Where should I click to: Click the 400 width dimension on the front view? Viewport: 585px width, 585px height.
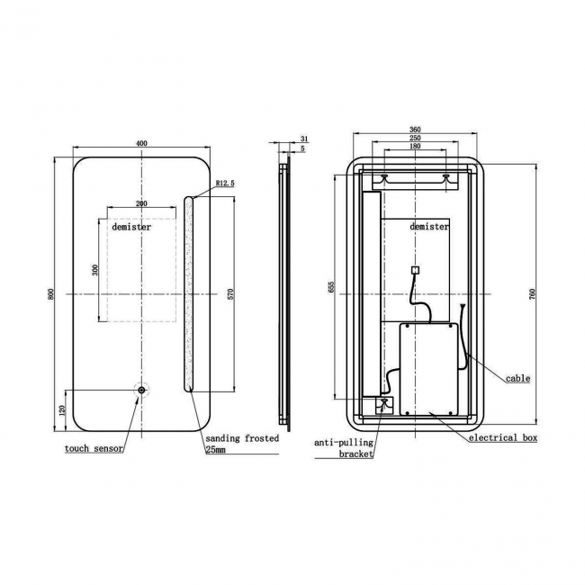tap(141, 144)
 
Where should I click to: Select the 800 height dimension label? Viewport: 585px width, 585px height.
tap(51, 294)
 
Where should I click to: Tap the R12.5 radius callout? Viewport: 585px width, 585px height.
tap(224, 184)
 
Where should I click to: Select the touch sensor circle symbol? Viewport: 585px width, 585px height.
tap(141, 391)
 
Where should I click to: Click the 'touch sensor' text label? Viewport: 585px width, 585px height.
tap(94, 448)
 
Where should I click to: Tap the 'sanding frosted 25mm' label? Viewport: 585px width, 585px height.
tap(241, 443)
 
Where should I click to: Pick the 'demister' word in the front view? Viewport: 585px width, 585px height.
tap(131, 228)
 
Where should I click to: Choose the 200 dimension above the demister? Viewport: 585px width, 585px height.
tap(141, 204)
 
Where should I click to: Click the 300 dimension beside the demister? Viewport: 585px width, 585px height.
tap(95, 269)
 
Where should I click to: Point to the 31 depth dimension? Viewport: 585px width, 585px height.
tap(303, 139)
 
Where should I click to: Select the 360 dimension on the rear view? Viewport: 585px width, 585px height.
tap(414, 130)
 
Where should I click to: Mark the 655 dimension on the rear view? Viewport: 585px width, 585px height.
tap(331, 287)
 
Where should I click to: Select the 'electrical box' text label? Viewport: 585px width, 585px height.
tap(502, 438)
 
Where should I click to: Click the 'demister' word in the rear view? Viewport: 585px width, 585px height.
tap(428, 228)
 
